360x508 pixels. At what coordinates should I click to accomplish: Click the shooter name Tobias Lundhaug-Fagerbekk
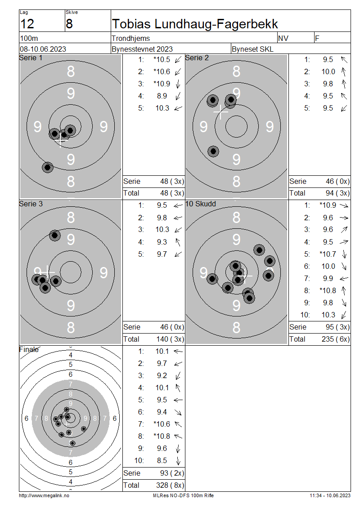[x=195, y=24]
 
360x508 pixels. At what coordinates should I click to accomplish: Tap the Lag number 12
[x=27, y=24]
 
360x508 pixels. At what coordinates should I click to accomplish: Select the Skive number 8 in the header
[x=69, y=24]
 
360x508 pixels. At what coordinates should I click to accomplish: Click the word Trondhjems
[x=130, y=38]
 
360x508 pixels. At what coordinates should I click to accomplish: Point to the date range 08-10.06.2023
[x=43, y=49]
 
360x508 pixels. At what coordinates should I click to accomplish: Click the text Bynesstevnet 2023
[x=142, y=49]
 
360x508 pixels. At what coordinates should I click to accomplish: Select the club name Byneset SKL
[x=252, y=49]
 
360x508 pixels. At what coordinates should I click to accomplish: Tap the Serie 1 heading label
[x=31, y=58]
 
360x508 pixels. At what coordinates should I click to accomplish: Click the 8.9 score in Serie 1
[x=162, y=96]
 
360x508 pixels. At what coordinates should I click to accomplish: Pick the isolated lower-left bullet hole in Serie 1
[x=48, y=167]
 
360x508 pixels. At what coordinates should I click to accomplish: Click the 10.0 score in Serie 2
[x=328, y=71]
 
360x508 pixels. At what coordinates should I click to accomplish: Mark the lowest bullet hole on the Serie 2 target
[x=213, y=151]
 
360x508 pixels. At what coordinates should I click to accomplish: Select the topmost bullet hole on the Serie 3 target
[x=55, y=235]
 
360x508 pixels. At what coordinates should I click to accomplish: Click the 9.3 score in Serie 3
[x=162, y=242]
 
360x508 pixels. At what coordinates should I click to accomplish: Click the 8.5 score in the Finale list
[x=162, y=460]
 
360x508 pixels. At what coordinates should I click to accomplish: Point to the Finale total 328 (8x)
[x=170, y=485]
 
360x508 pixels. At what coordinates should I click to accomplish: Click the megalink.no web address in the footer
[x=44, y=495]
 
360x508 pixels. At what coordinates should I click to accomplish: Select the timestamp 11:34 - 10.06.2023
[x=330, y=495]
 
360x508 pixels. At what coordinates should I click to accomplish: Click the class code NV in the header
[x=283, y=38]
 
